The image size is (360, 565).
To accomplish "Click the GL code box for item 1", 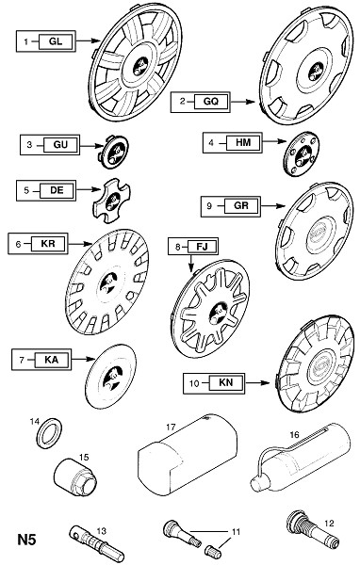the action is [56, 41].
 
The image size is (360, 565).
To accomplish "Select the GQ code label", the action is [211, 102].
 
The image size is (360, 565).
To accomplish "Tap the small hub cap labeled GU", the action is [114, 152].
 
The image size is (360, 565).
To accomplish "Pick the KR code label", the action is [48, 244].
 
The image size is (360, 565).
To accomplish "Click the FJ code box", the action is [202, 247].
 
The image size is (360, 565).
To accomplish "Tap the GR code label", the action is [241, 205].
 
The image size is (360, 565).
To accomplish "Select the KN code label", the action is [226, 382].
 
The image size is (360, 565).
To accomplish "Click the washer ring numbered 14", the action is [50, 433].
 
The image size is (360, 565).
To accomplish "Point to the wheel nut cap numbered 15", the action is [75, 476].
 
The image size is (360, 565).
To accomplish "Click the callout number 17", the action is [171, 427].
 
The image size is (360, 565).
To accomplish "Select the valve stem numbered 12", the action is [313, 528].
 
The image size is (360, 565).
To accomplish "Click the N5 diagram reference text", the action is [26, 541].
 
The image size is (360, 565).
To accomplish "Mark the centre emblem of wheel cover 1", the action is [140, 68].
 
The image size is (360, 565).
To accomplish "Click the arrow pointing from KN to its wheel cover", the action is [257, 382].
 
